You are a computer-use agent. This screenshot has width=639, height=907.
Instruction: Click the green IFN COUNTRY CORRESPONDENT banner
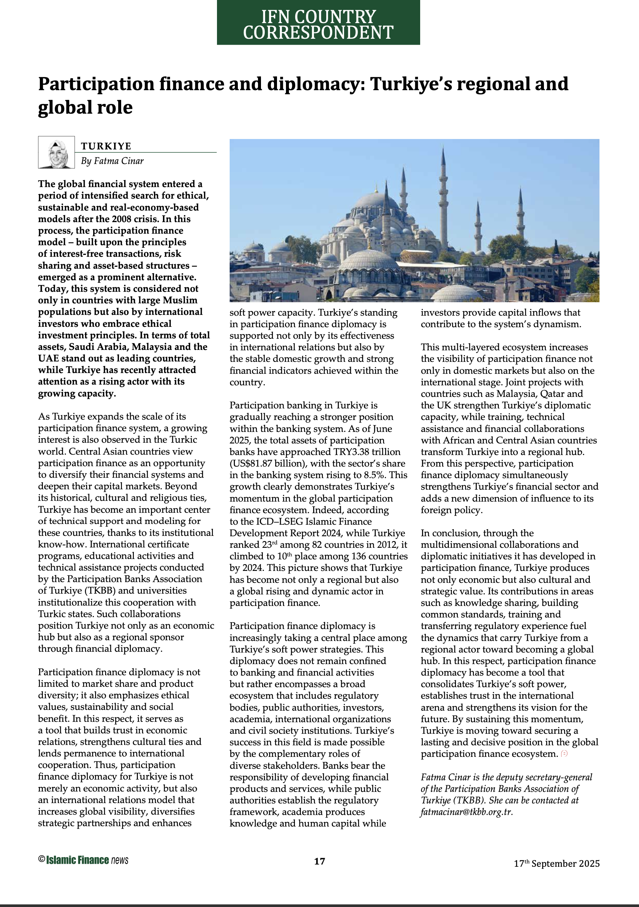click(x=318, y=23)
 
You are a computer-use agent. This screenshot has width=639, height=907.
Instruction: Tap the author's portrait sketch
click(x=57, y=152)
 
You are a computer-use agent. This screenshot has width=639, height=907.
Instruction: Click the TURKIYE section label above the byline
click(x=106, y=146)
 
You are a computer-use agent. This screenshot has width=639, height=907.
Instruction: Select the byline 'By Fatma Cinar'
click(x=112, y=161)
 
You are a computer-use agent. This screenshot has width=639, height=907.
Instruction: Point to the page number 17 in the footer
click(x=319, y=861)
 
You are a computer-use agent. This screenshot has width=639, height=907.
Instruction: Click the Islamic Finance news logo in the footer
click(x=84, y=860)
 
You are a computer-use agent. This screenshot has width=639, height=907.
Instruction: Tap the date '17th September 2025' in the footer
click(x=556, y=863)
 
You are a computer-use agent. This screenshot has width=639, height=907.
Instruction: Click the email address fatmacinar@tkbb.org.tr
click(x=466, y=812)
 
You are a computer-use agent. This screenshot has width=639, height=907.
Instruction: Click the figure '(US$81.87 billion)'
click(x=262, y=464)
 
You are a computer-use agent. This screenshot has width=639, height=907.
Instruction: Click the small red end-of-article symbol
click(x=564, y=754)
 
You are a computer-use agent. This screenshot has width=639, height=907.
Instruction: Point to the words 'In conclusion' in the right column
click(x=449, y=533)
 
